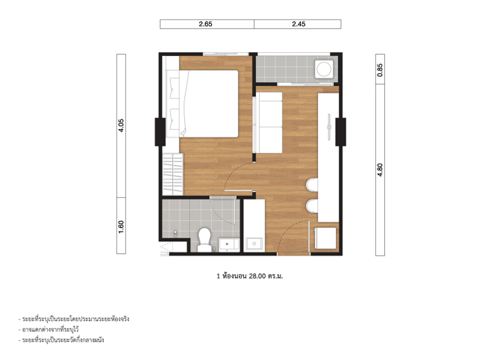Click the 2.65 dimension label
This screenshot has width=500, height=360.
(x=205, y=24)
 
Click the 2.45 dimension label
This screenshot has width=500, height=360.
(x=299, y=24)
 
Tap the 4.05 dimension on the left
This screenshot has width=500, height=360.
(x=121, y=125)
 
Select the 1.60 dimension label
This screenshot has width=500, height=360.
(x=121, y=227)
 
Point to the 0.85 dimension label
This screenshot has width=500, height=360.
(x=380, y=70)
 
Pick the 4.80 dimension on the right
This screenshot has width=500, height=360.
(x=380, y=170)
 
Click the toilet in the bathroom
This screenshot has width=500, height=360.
(x=204, y=240)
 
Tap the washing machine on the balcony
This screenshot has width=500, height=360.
(x=324, y=69)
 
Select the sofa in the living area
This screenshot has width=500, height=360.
(x=269, y=123)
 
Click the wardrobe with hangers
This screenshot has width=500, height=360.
(x=172, y=174)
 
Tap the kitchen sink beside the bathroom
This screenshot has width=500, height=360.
(x=254, y=244)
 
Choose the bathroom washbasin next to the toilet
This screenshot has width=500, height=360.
(x=229, y=245)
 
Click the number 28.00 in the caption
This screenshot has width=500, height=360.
(x=257, y=276)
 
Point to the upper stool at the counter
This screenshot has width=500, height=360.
(x=312, y=185)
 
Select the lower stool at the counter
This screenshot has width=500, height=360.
(x=312, y=206)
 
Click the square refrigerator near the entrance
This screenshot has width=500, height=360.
(x=325, y=238)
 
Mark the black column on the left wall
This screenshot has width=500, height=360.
(x=160, y=132)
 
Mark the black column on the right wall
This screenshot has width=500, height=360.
(x=340, y=132)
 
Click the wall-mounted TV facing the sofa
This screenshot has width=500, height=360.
(x=329, y=127)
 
